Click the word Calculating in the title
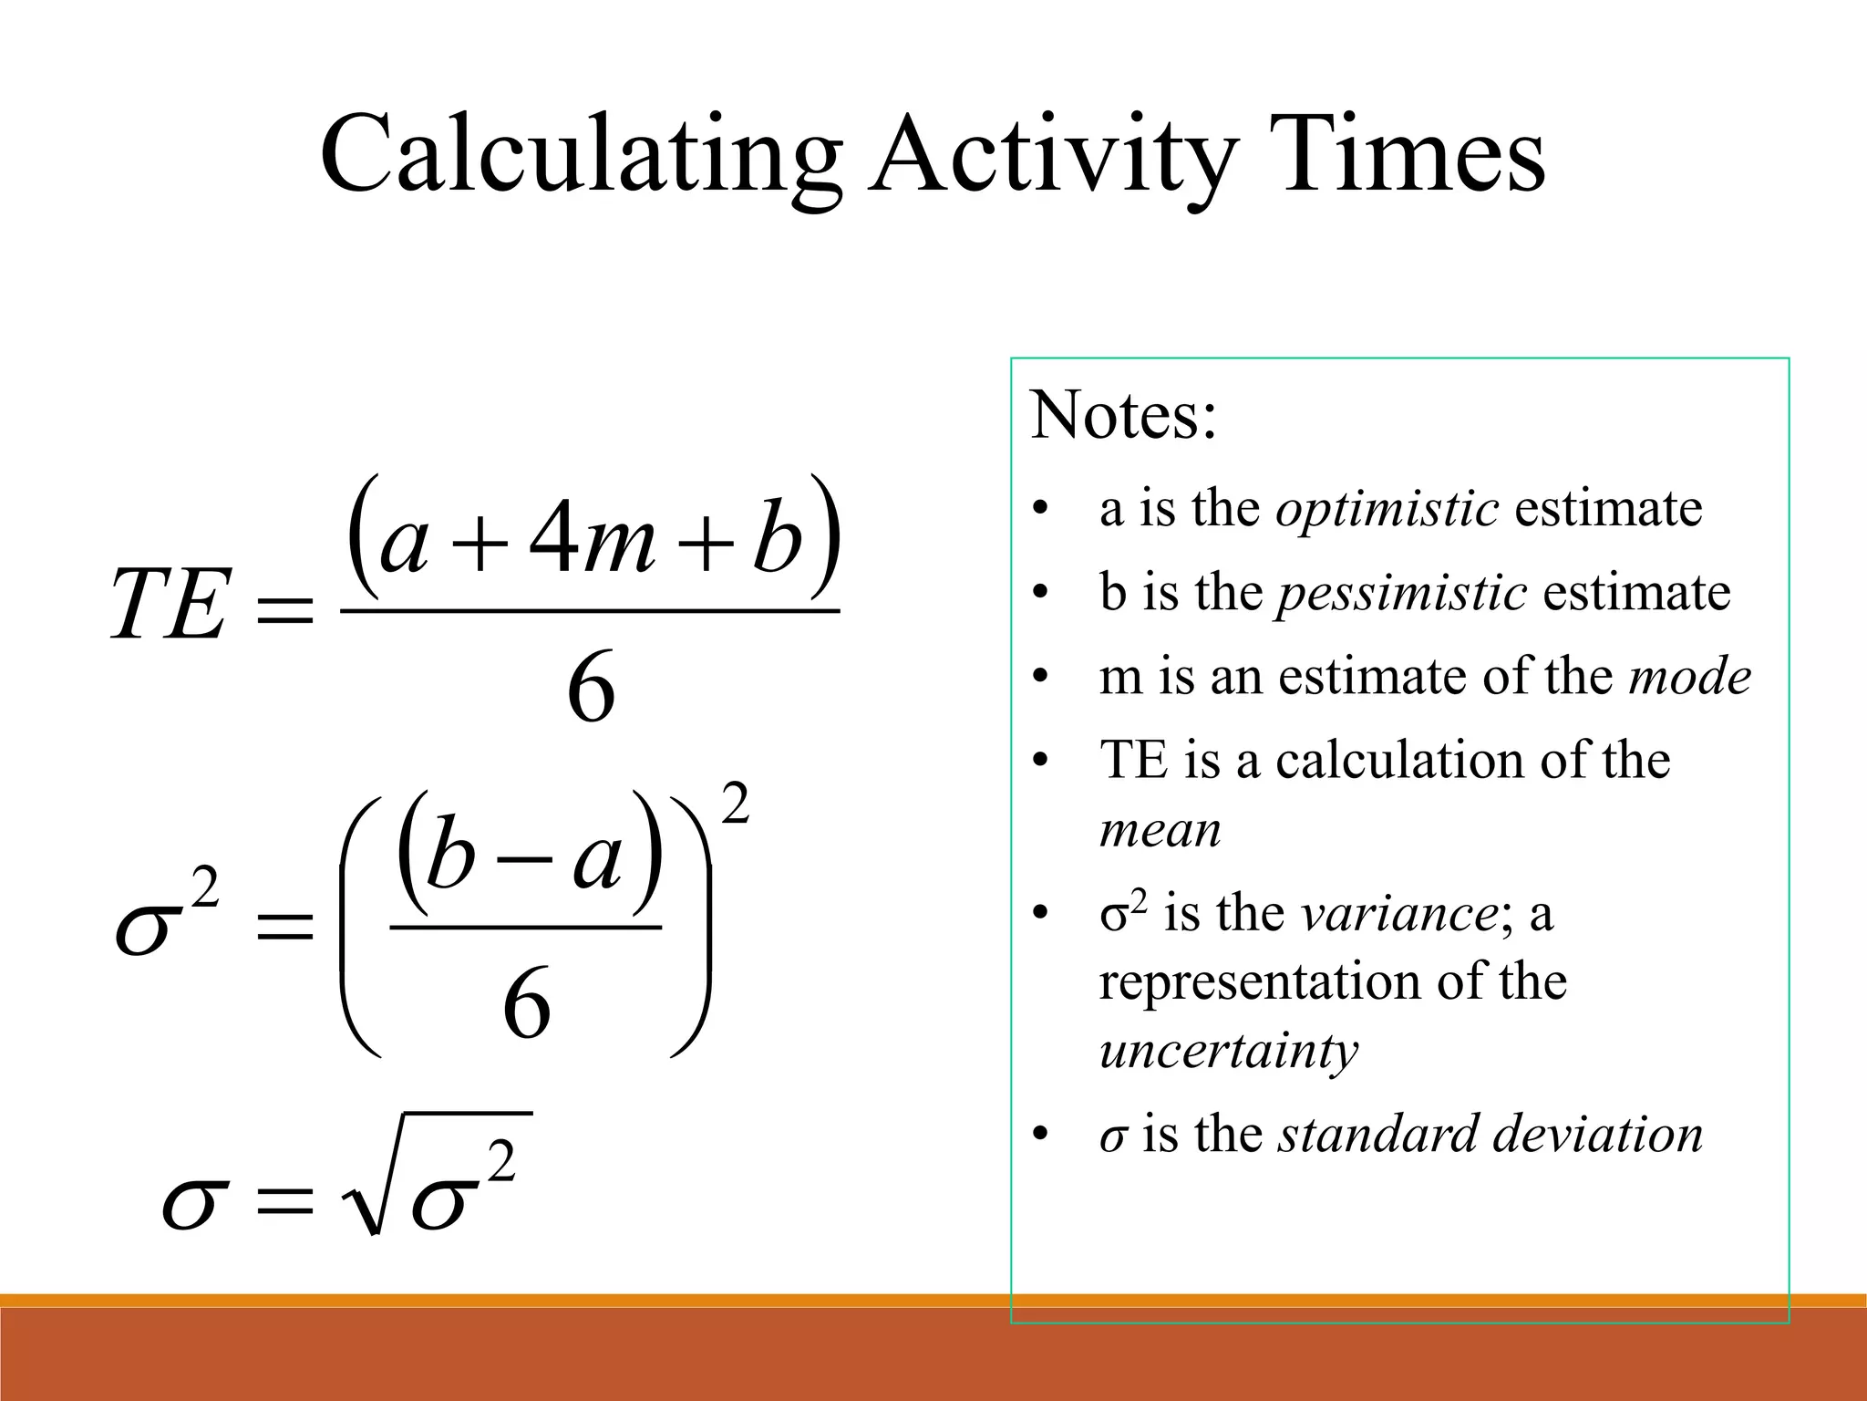pyautogui.click(x=580, y=155)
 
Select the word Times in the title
pyautogui.click(x=1412, y=155)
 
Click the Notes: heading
pyautogui.click(x=1123, y=416)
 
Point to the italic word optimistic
pyautogui.click(x=1387, y=508)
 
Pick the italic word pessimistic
pyautogui.click(x=1402, y=592)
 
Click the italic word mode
pyautogui.click(x=1689, y=677)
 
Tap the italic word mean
pyautogui.click(x=1160, y=830)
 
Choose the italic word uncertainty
pyautogui.click(x=1228, y=1050)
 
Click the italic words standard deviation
pyautogui.click(x=1490, y=1134)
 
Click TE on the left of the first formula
pyautogui.click(x=168, y=605)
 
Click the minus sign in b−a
pyautogui.click(x=526, y=859)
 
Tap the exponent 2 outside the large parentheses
pyautogui.click(x=735, y=804)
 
